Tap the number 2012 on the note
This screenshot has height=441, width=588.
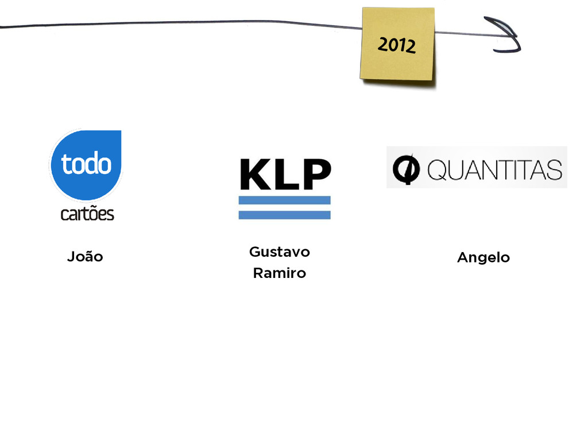(396, 44)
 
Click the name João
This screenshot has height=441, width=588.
(85, 257)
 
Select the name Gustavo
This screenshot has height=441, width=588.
(280, 252)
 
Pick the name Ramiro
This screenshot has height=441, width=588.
(280, 273)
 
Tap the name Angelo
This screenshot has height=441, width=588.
(483, 258)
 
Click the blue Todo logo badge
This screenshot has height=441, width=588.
(86, 165)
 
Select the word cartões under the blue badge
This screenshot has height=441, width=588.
(87, 214)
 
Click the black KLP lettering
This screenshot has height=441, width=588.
(285, 173)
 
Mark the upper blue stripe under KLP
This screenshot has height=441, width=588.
(285, 200)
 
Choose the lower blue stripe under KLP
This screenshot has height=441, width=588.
(285, 215)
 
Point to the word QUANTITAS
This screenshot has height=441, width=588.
(494, 170)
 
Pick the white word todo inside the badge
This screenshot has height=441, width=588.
(87, 164)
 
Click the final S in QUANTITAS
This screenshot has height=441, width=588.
(554, 170)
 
